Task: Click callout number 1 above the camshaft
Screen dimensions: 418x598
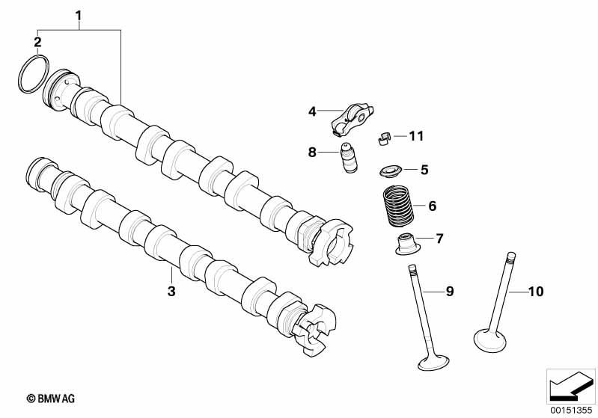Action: (79, 14)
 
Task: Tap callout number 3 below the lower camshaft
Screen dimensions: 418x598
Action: (171, 291)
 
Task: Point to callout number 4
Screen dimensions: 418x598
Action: (313, 111)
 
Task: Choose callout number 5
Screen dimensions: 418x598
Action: (424, 170)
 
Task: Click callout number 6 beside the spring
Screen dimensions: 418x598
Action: (432, 206)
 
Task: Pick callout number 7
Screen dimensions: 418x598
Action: (439, 239)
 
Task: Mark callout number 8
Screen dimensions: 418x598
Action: (312, 153)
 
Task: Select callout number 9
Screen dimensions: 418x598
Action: (450, 291)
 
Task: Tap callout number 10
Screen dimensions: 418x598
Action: (536, 291)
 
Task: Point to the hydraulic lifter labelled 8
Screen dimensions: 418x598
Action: (348, 158)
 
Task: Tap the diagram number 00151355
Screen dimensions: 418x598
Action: (570, 409)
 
